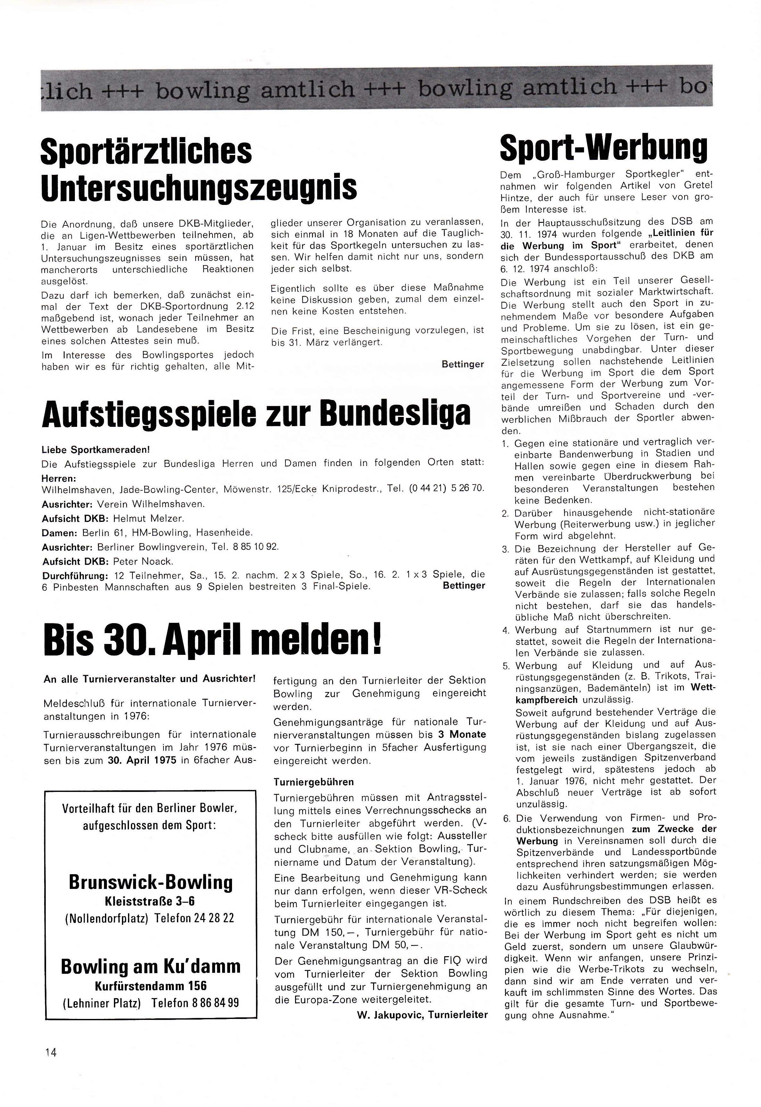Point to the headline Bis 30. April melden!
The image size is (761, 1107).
213,641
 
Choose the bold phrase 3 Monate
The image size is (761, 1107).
461,734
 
